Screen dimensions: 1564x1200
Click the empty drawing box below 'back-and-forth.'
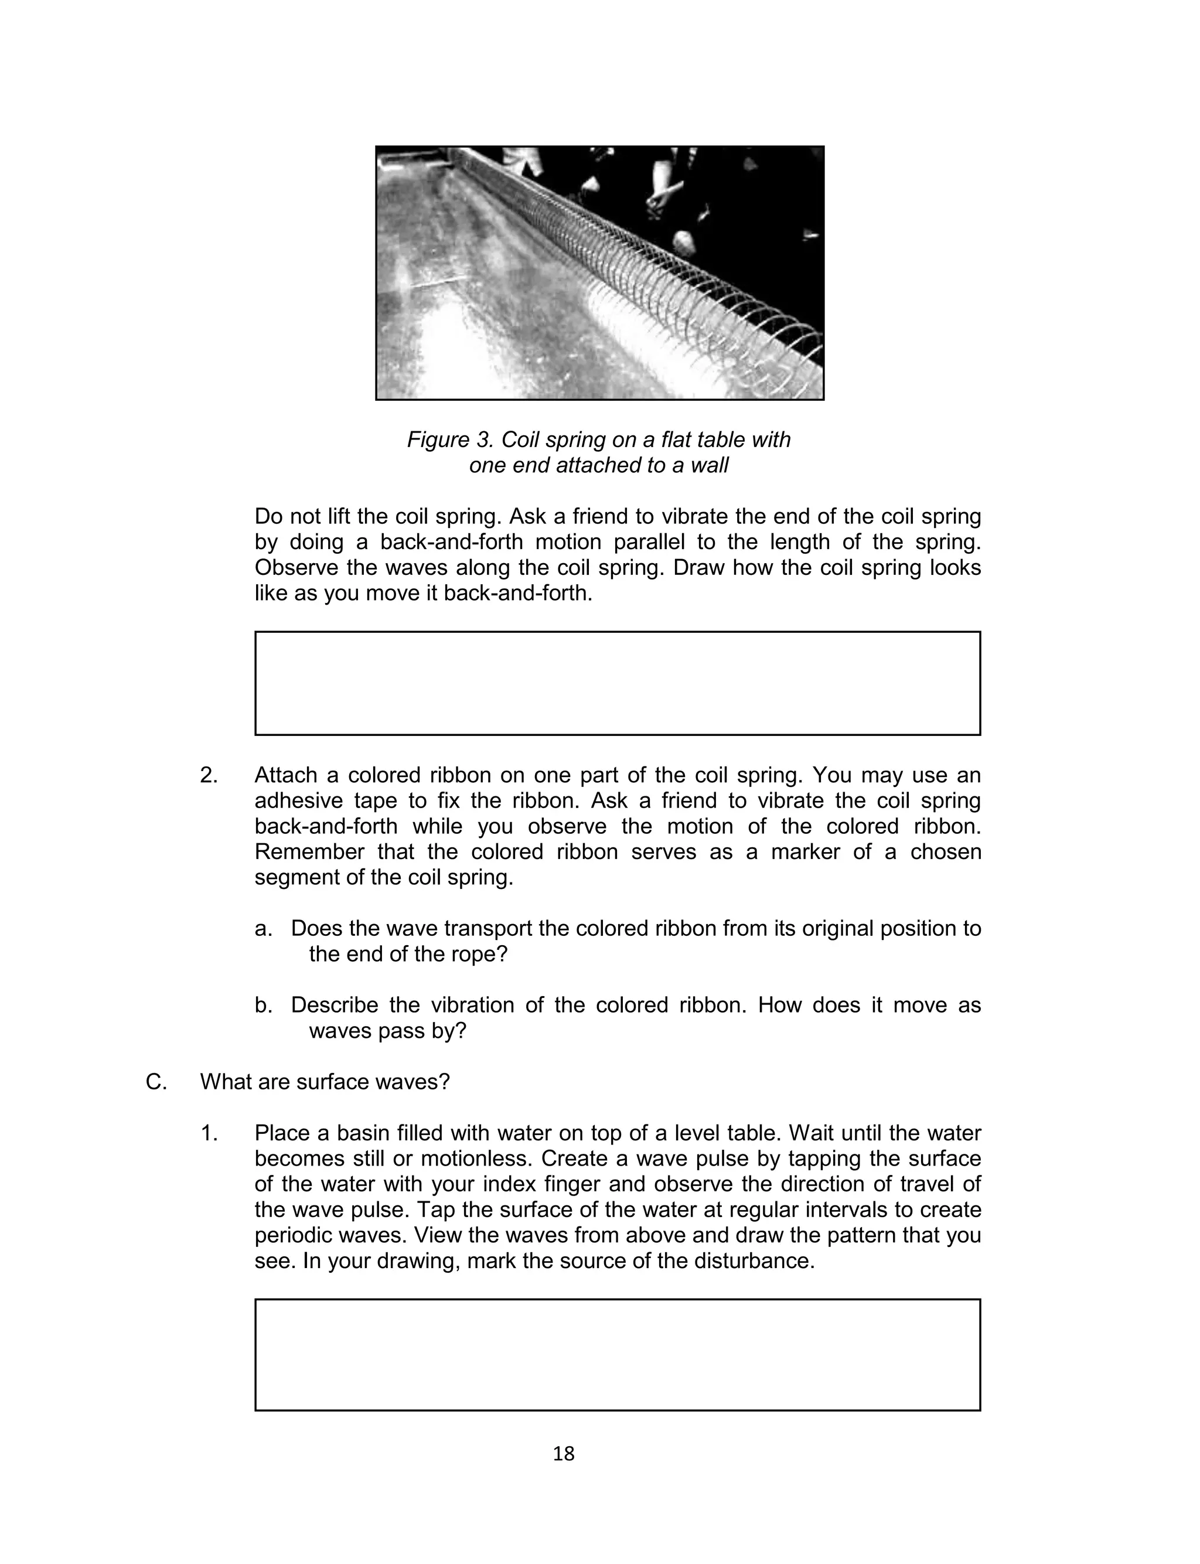(x=617, y=683)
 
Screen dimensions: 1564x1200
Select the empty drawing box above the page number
(x=617, y=1355)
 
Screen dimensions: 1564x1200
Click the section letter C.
(x=156, y=1082)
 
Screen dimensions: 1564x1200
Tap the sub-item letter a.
(x=264, y=928)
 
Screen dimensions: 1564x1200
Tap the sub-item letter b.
(x=264, y=1006)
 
